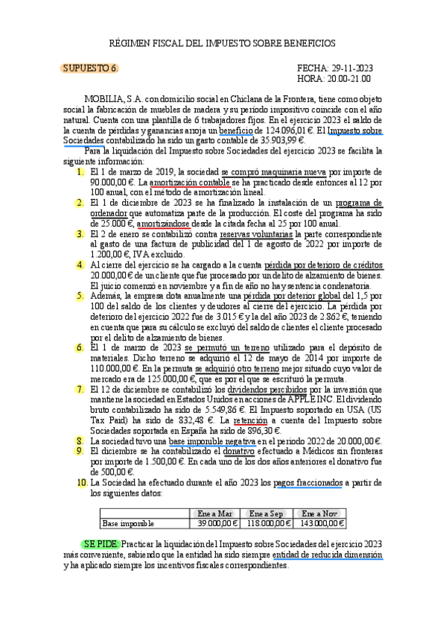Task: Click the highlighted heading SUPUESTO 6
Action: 89,68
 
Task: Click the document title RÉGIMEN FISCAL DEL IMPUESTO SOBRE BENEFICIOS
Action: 223,43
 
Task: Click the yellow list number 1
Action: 80,171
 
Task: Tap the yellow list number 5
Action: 80,295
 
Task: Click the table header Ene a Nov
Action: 320,513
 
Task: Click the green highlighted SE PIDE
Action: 99,545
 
